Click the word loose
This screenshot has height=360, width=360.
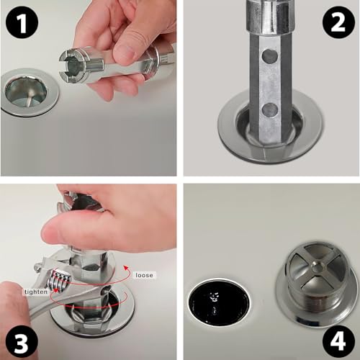pos(144,274)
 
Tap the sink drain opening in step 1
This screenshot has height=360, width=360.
pos(28,90)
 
